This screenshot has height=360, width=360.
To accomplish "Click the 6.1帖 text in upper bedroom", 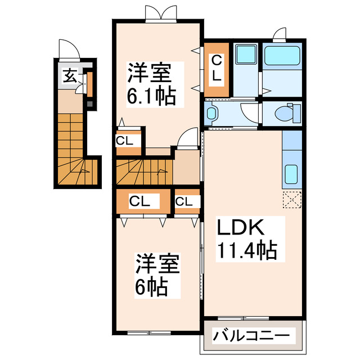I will (147, 97).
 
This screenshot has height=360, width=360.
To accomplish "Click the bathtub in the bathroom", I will (283, 57).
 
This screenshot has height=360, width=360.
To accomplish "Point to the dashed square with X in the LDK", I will (292, 199).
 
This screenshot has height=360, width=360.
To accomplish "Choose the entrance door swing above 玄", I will (70, 49).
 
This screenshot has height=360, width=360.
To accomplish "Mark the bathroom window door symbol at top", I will (278, 34).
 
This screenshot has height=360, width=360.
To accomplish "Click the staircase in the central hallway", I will (142, 172).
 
